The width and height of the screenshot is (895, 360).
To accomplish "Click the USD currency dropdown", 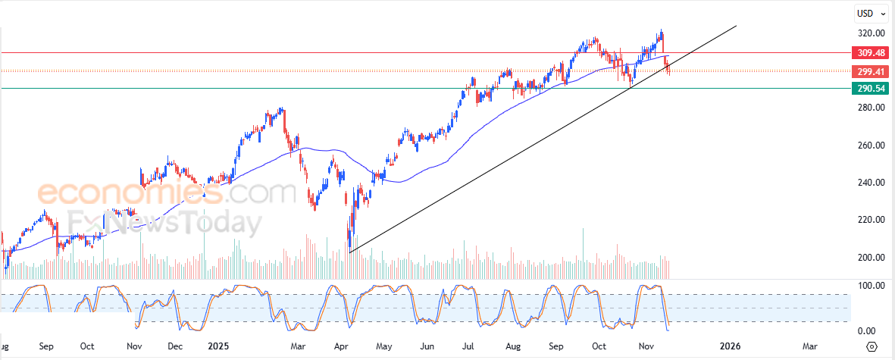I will coord(868,14).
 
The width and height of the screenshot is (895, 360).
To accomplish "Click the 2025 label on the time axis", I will coord(218,346).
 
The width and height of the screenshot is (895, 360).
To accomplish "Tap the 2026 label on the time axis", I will coord(730,346).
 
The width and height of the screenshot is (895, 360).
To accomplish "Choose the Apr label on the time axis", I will coord(340,346).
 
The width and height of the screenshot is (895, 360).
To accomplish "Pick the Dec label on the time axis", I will coord(175,346).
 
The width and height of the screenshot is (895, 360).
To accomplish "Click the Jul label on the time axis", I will coord(469,346).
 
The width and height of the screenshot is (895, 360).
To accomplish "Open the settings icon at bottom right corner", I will coord(872,346).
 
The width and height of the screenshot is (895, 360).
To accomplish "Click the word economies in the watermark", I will coord(129,194).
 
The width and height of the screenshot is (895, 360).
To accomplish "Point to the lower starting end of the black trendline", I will coord(349,252).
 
